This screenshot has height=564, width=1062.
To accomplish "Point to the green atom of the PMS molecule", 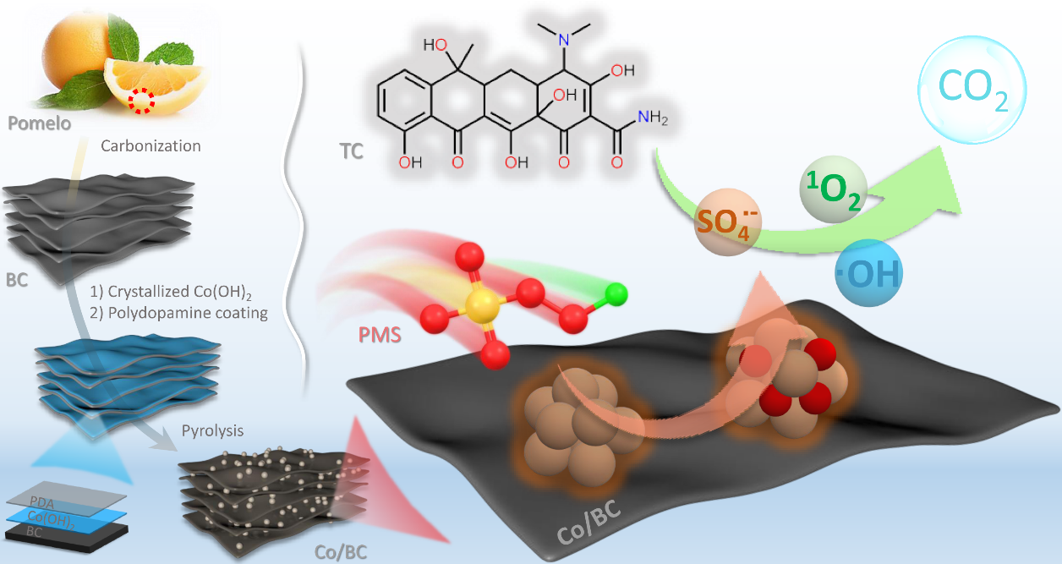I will (x=618, y=295).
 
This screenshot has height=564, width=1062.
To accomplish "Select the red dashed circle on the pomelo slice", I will (x=142, y=103).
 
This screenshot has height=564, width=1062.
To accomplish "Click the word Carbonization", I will (x=151, y=145).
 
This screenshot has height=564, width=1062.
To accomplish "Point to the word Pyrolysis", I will (x=212, y=430).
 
